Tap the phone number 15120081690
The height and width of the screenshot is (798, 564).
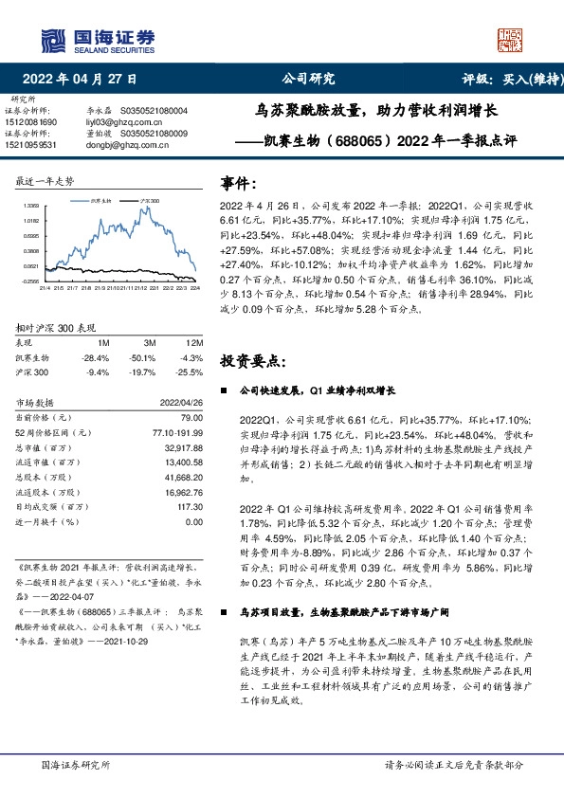pyautogui.click(x=34, y=122)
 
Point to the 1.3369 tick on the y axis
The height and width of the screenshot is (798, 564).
pyautogui.click(x=32, y=205)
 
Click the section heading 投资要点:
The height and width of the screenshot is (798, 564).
pyautogui.click(x=252, y=361)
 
